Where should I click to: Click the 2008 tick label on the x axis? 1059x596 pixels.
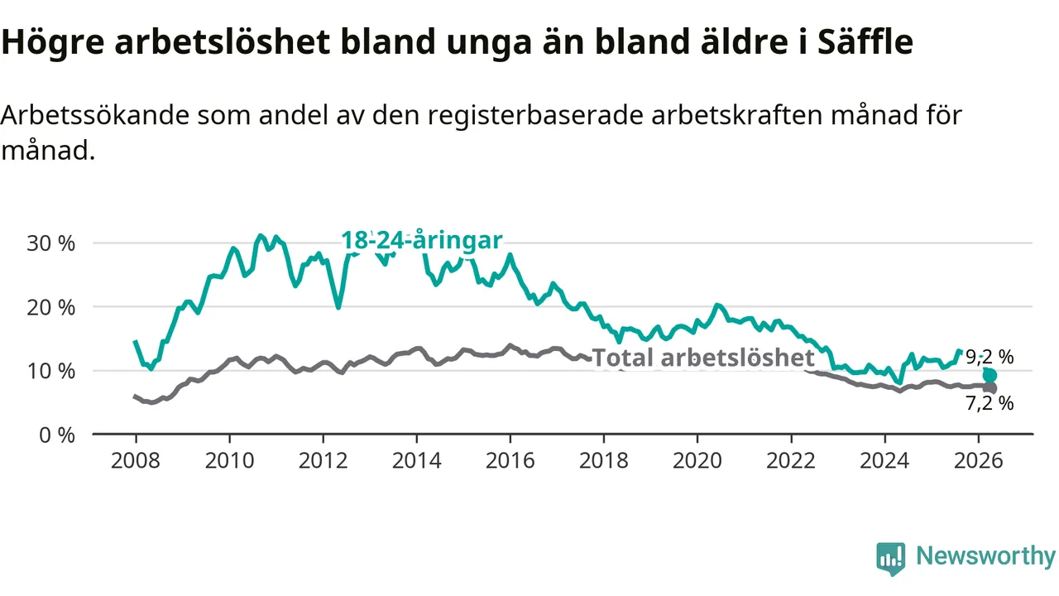(136, 461)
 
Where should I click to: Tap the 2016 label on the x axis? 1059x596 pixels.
(510, 461)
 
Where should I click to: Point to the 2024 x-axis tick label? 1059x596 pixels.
(884, 461)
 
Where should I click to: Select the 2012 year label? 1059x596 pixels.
(323, 461)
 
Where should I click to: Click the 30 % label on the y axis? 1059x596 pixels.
(51, 243)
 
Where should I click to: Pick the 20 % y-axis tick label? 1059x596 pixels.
(51, 308)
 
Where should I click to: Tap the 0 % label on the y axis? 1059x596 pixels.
(57, 435)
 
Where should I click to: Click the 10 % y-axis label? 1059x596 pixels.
(51, 372)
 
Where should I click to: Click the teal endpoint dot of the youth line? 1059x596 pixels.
(990, 376)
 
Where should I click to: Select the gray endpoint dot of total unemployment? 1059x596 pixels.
(990, 388)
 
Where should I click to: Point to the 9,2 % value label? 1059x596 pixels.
(990, 357)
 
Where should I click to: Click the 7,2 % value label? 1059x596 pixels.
(990, 403)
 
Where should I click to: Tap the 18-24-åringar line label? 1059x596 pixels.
(421, 240)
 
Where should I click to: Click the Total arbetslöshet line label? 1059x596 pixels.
(703, 358)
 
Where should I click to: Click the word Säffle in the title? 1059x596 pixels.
(865, 41)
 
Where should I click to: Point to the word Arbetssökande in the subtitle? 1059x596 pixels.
(95, 115)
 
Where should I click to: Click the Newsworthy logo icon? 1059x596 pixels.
(891, 559)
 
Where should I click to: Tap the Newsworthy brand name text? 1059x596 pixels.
(985, 555)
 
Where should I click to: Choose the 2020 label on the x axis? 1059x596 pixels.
(697, 461)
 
